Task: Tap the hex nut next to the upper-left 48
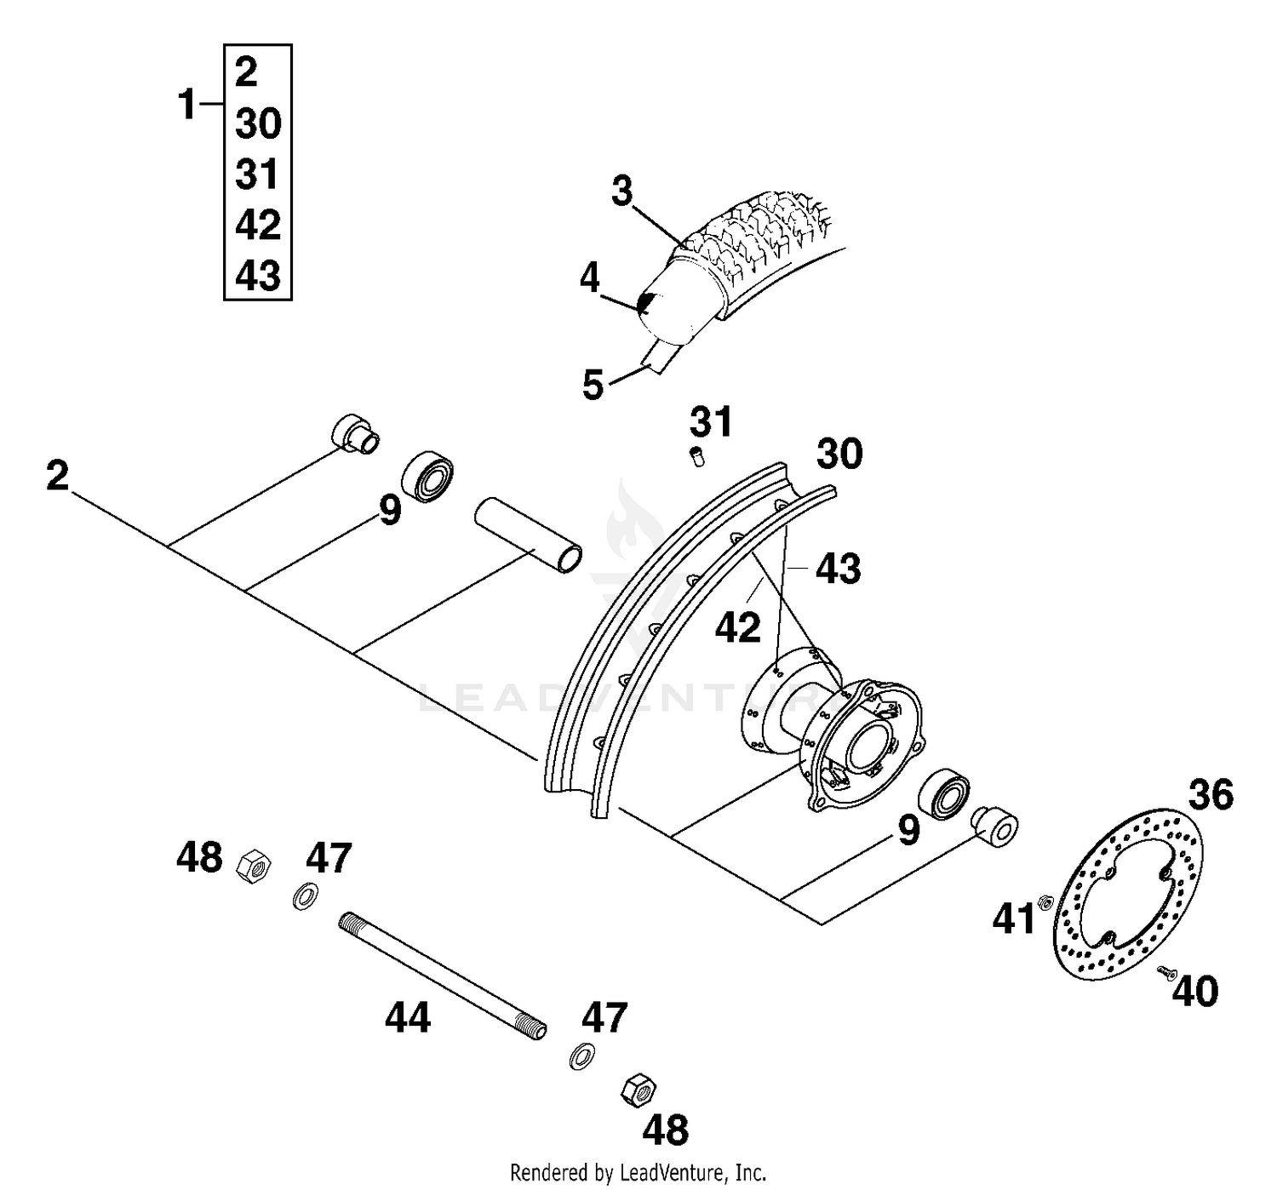coord(254,867)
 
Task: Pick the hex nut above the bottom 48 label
coord(638,1089)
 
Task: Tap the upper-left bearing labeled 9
coord(427,477)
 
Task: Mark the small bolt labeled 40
coord(1165,972)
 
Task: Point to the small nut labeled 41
coord(1045,902)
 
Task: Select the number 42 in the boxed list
coord(258,225)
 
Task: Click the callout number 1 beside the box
coord(187,106)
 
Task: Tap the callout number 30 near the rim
coord(839,454)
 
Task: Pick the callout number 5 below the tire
coord(593,386)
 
